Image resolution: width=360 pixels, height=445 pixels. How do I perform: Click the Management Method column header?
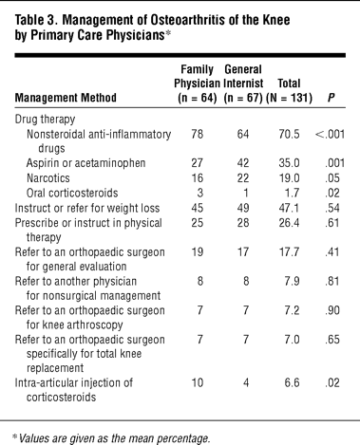66,98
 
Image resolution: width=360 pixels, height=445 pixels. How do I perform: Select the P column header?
331,98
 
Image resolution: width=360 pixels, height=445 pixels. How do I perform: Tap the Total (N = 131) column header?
289,90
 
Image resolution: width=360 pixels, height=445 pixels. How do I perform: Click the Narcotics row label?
48,178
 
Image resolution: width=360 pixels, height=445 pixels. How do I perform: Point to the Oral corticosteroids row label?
72,193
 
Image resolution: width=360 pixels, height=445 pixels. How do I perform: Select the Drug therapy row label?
45,120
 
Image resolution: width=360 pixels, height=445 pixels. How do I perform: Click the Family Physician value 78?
197,134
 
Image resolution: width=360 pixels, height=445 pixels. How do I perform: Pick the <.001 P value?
330,134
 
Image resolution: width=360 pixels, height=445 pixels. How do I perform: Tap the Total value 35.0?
289,163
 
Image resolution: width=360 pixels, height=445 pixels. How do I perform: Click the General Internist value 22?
243,178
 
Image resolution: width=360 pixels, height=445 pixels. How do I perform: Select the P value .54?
332,208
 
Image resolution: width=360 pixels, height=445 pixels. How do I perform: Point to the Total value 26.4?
289,223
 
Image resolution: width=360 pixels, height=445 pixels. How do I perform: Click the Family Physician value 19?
197,252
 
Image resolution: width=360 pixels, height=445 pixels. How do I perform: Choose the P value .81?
332,281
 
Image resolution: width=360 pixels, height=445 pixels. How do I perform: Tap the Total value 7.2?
292,310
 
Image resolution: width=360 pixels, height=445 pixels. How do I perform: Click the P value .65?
332,340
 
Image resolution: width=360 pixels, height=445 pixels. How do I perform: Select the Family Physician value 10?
197,382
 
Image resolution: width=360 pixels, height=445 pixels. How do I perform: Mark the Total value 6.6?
292,382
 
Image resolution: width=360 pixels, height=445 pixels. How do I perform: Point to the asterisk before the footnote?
14,436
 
